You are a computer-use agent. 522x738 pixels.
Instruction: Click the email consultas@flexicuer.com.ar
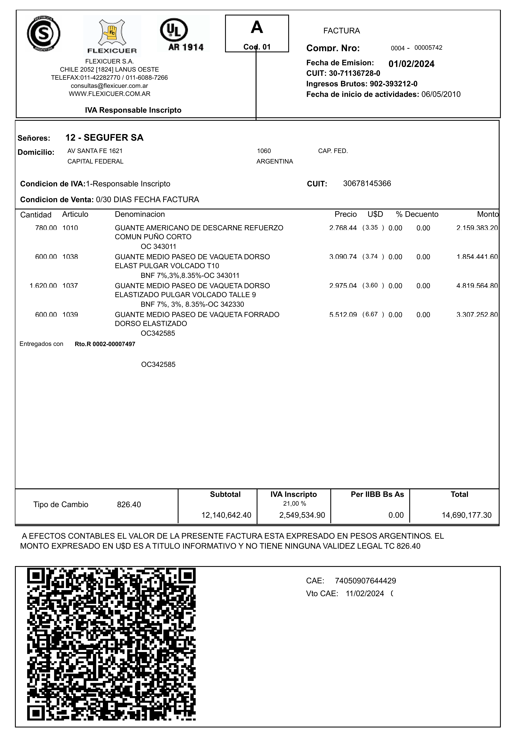coord(109,86)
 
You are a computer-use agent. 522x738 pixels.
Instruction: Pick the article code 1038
coord(70,257)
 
